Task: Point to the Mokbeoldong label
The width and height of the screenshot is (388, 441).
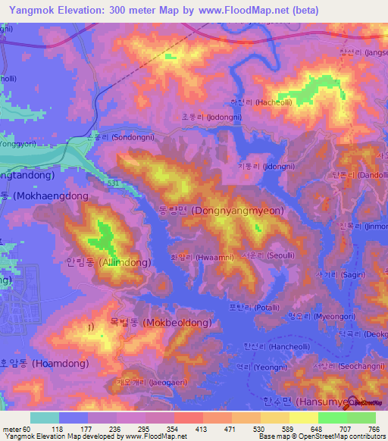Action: click(160, 322)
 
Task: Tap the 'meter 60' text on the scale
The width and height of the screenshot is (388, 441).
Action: click(16, 429)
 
